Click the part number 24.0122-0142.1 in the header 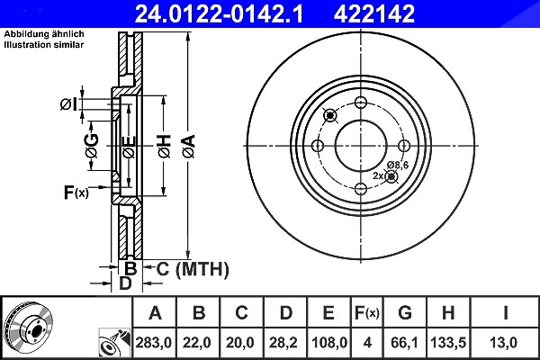(x=219, y=13)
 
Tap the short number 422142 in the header (x=374, y=13)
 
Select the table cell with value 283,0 (x=154, y=343)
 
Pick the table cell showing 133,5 (x=448, y=343)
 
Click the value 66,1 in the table (x=404, y=343)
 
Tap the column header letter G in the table (x=405, y=313)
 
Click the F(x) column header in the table (x=367, y=313)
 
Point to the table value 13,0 (x=503, y=343)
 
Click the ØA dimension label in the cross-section (x=189, y=147)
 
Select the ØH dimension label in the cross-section (x=165, y=147)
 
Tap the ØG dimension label (x=92, y=146)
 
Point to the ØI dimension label (x=68, y=104)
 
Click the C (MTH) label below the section (x=193, y=269)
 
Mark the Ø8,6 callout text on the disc (x=398, y=166)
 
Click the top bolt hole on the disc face (x=361, y=103)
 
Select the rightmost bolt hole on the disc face (x=403, y=146)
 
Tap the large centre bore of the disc (x=361, y=146)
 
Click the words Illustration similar (x=44, y=45)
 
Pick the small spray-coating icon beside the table (x=114, y=343)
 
